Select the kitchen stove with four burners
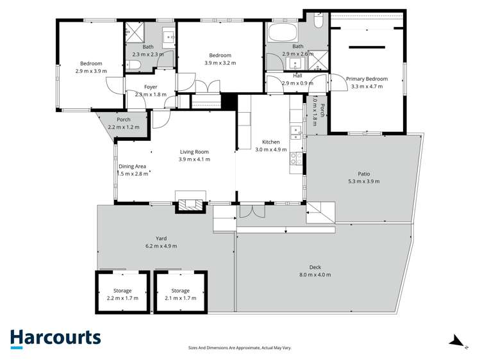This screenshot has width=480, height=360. [x=297, y=158]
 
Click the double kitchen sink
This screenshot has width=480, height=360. [x=297, y=133]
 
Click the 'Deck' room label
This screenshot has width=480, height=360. [x=315, y=267]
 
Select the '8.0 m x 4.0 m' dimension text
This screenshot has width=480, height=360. [x=315, y=275]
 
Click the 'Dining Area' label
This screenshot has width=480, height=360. [x=132, y=167]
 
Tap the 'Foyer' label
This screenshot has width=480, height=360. [x=151, y=86]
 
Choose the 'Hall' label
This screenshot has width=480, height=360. [x=297, y=76]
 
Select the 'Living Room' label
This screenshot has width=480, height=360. [x=194, y=152]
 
